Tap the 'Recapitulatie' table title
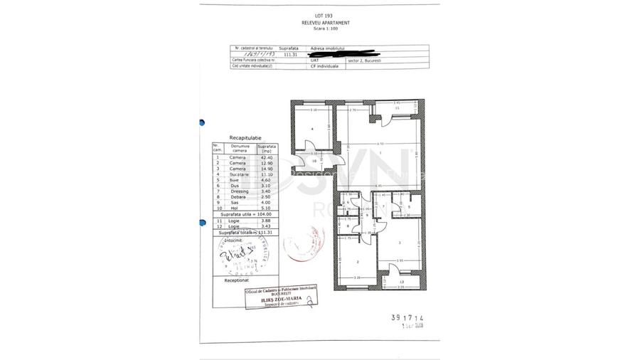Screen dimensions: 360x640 point(245,138)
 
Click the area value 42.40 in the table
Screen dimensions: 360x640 point(267,157)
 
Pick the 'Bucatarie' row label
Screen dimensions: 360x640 point(238,174)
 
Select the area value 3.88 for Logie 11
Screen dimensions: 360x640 point(267,221)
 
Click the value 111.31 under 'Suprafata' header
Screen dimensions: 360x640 point(289,53)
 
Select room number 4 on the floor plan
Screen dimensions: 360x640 point(313,129)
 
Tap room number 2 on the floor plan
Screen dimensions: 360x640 point(357,262)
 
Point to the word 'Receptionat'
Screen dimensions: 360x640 point(236,280)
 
